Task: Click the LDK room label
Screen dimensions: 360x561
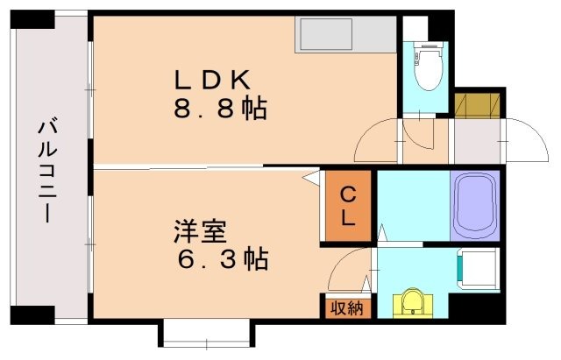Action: pos(215,80)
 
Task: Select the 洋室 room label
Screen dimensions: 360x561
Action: pos(199,232)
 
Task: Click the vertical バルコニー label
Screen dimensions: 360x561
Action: pos(47,172)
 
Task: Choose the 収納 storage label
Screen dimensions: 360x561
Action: pos(347,307)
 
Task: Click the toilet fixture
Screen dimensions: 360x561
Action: pos(428,75)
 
